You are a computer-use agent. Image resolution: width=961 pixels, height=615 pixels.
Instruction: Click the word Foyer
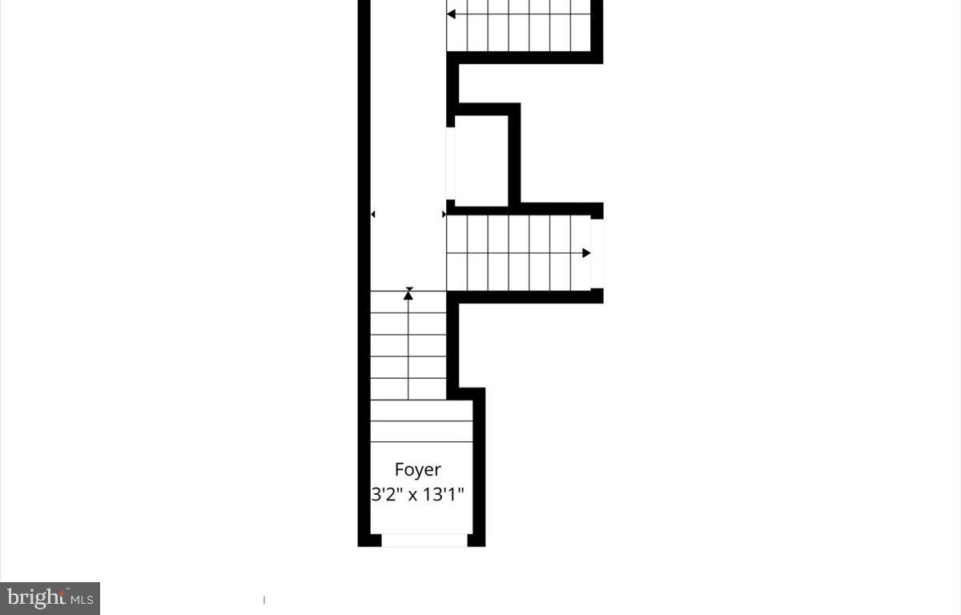click(417, 469)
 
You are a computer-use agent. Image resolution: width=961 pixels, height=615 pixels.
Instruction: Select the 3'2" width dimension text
click(386, 494)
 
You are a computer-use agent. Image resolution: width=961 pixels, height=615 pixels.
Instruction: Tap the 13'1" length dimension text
click(444, 494)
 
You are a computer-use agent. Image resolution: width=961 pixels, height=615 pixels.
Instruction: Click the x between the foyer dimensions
click(413, 495)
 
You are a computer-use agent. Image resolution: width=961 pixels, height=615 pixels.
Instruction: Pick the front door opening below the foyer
click(424, 541)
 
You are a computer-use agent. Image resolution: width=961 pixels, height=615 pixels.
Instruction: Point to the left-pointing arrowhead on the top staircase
click(452, 14)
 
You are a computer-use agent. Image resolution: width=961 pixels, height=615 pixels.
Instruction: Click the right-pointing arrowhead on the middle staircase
click(586, 253)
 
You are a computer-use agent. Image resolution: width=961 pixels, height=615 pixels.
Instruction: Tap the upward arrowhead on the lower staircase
click(408, 295)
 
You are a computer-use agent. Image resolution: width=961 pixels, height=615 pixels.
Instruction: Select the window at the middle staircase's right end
click(597, 252)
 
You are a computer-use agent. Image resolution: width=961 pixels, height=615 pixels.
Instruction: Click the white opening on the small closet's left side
click(451, 163)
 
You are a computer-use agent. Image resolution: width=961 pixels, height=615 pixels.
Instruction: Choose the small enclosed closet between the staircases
click(481, 160)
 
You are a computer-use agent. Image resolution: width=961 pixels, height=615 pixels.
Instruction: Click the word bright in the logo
click(36, 597)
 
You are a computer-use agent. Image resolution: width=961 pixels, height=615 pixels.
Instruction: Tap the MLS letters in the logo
click(82, 599)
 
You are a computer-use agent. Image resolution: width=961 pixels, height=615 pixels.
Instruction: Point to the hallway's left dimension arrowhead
click(373, 215)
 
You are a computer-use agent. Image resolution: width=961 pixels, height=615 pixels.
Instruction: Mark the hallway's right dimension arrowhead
click(444, 215)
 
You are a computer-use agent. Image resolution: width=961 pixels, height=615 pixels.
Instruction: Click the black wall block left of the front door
click(369, 541)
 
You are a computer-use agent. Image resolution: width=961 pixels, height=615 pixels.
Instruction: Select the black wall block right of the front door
click(476, 541)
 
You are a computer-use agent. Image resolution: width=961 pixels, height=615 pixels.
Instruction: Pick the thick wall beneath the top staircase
click(525, 57)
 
